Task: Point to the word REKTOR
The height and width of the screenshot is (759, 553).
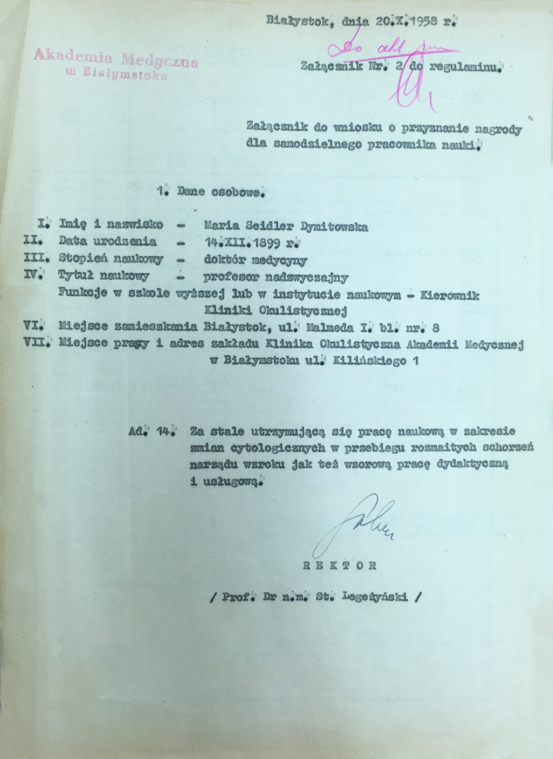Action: click(x=339, y=565)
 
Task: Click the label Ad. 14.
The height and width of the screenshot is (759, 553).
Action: click(x=152, y=431)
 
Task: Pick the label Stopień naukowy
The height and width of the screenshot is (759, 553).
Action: click(x=111, y=259)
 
